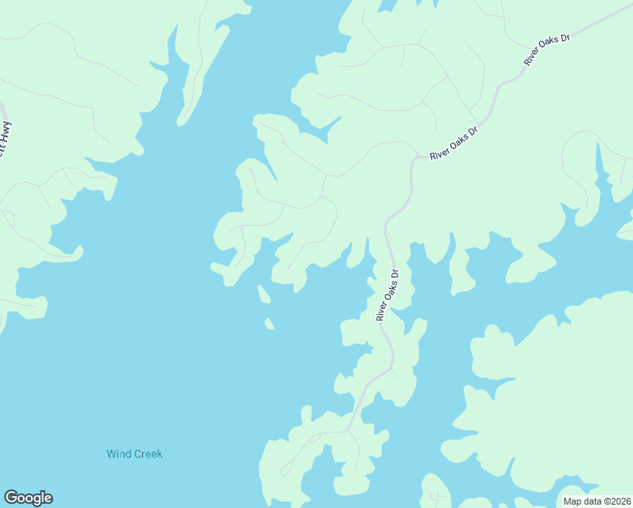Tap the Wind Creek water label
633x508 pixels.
coord(134,454)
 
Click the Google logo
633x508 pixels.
coord(28,498)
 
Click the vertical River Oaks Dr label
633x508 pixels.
coord(387,295)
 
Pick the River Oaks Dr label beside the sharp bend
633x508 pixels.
coord(454,144)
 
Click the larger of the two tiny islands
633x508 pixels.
coord(263,294)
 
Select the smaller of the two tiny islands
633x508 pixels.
coord(269,323)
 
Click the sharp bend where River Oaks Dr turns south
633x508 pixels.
coord(415,158)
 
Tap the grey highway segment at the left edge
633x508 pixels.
coord(3,110)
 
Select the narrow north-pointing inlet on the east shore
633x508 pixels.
coord(602,165)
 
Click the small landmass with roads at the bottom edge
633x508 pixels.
coord(436,493)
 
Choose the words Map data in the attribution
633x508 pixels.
coord(581,501)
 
